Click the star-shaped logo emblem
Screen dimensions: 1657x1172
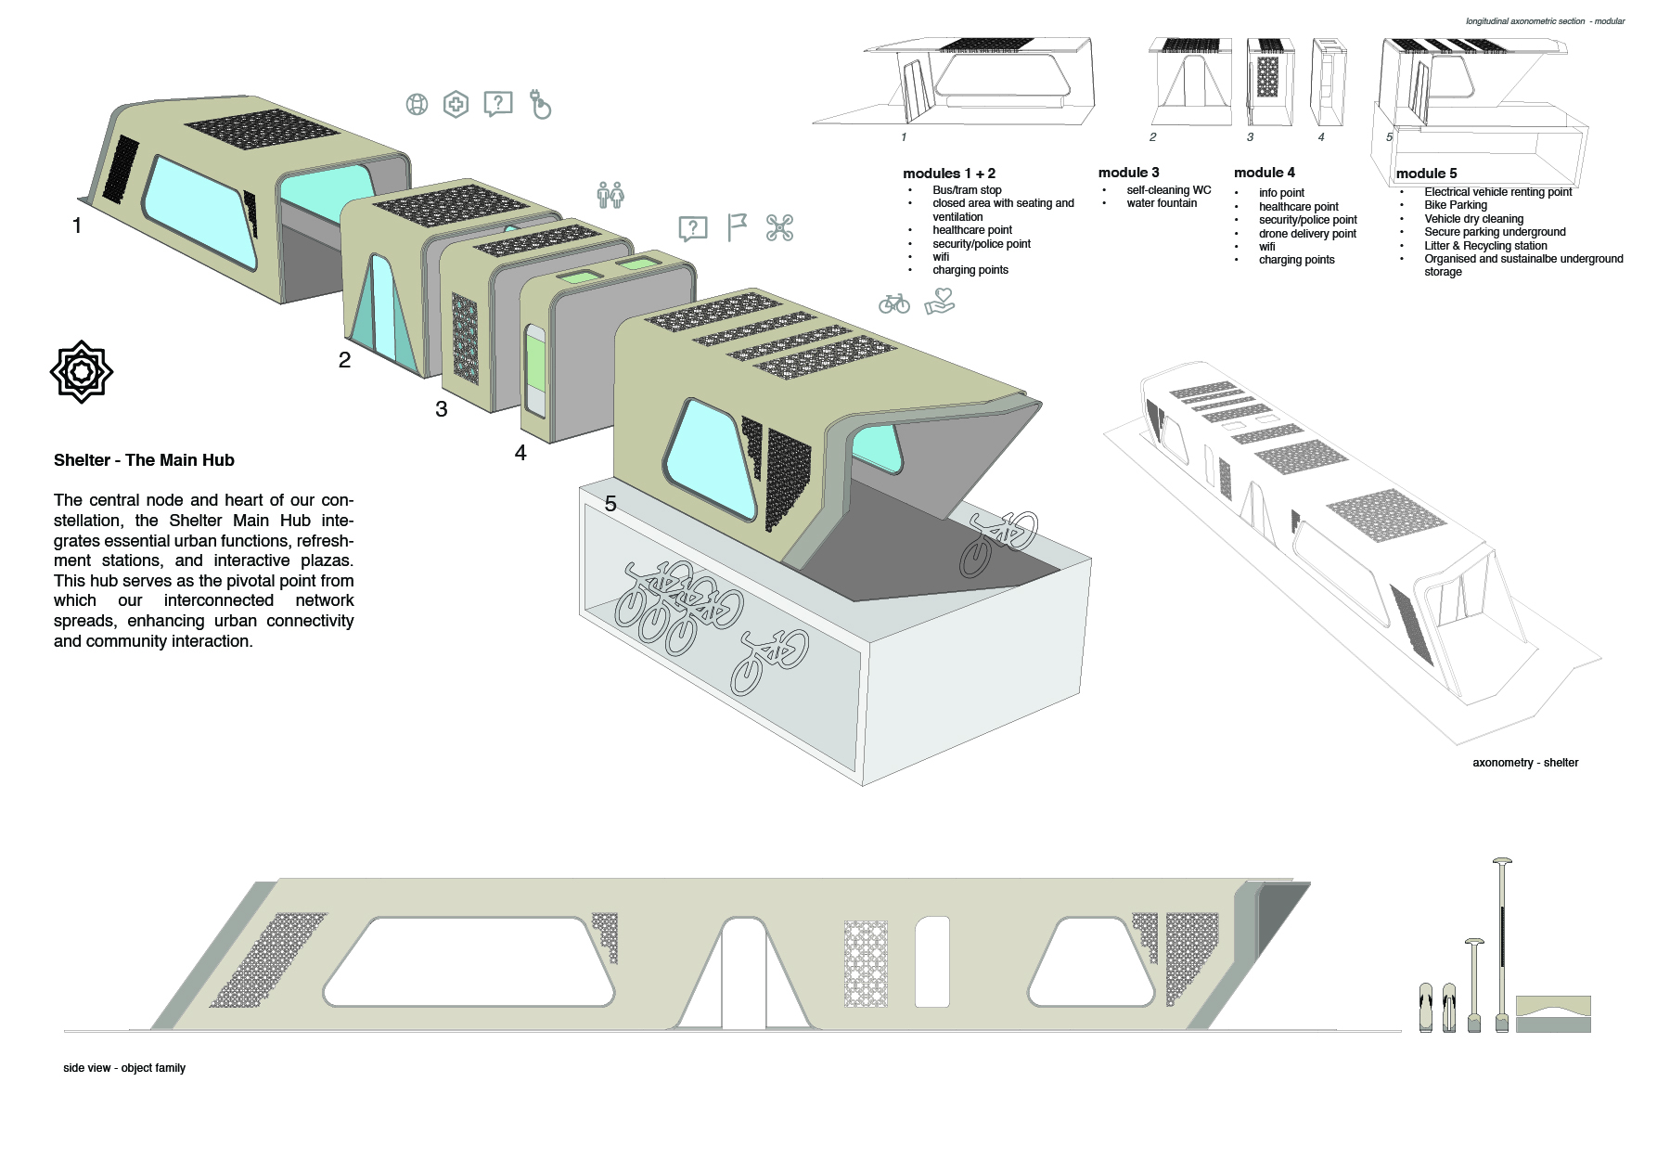[82, 371]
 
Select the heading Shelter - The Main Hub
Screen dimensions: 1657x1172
[144, 460]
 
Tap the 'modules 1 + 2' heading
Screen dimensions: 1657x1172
[949, 174]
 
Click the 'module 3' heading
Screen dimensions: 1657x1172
[1129, 173]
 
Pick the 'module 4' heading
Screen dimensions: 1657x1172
[1265, 173]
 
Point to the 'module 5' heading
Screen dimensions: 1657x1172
[1427, 174]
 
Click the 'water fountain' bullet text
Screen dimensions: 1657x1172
[1162, 203]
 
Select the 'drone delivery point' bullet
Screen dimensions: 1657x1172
[1307, 234]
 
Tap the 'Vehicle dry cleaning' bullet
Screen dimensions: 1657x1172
[1474, 219]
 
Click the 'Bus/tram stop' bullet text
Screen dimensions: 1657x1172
[967, 190]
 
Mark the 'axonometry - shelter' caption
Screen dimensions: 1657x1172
[1525, 763]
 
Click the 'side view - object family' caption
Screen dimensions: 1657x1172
[124, 1068]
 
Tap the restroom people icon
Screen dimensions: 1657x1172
[610, 195]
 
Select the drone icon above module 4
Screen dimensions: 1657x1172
[779, 227]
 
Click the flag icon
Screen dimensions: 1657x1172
[737, 227]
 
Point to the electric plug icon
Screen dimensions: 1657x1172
[540, 104]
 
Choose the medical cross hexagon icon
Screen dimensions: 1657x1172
[456, 104]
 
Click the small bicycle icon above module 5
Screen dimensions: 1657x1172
[894, 303]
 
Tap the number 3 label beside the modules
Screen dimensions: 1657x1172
[442, 409]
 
